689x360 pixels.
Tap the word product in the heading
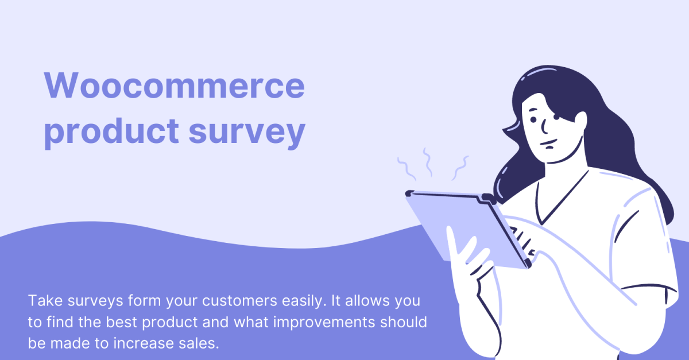pos(111,131)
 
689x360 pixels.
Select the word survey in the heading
pos(247,133)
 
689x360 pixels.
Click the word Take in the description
pos(45,300)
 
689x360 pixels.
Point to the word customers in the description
pos(239,301)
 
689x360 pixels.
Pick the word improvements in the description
pos(324,322)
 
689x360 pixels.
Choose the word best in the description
pos(122,322)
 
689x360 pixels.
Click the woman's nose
pos(544,126)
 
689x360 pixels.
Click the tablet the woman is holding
pos(467,229)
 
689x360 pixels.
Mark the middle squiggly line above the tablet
pos(428,162)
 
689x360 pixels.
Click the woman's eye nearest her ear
pos(557,117)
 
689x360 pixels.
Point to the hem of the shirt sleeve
pos(649,288)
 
